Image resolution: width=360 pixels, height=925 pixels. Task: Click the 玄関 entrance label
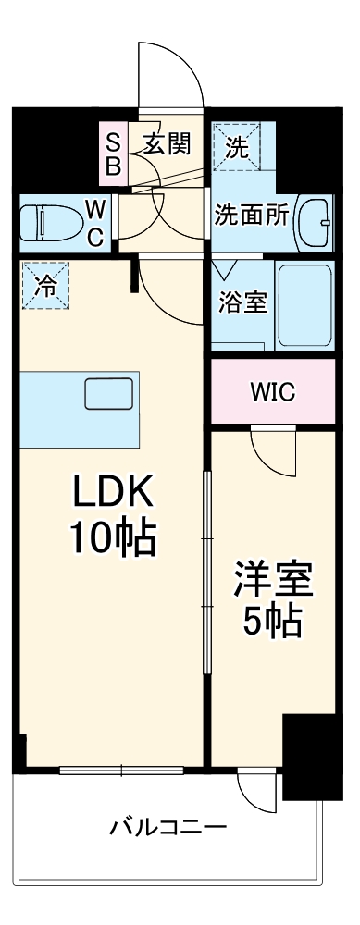click(168, 143)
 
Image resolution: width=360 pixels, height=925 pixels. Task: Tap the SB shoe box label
click(112, 154)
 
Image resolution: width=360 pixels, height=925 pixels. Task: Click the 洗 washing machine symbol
click(238, 145)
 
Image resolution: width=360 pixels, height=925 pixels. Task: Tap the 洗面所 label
click(252, 216)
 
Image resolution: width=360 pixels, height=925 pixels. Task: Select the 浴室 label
click(243, 302)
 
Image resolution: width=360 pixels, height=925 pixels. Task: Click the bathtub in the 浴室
click(304, 305)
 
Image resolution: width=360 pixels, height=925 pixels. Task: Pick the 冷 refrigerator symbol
click(44, 286)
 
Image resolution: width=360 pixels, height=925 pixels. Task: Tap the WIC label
click(272, 392)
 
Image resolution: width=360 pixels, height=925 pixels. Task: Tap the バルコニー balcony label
click(168, 826)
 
